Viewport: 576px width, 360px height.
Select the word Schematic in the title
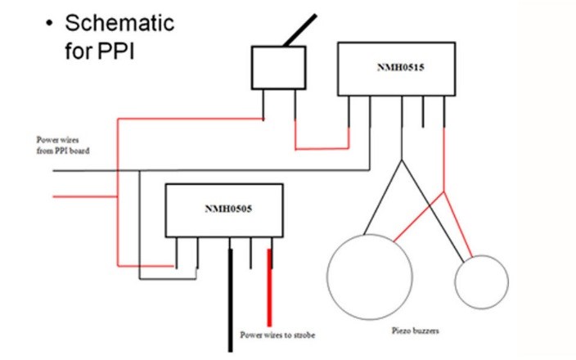click(x=119, y=22)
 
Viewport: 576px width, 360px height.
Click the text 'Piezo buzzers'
click(x=417, y=331)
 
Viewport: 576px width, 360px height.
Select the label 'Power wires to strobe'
click(x=277, y=335)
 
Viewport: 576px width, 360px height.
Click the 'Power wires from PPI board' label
click(x=62, y=145)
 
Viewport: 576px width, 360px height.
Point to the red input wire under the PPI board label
click(x=82, y=196)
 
